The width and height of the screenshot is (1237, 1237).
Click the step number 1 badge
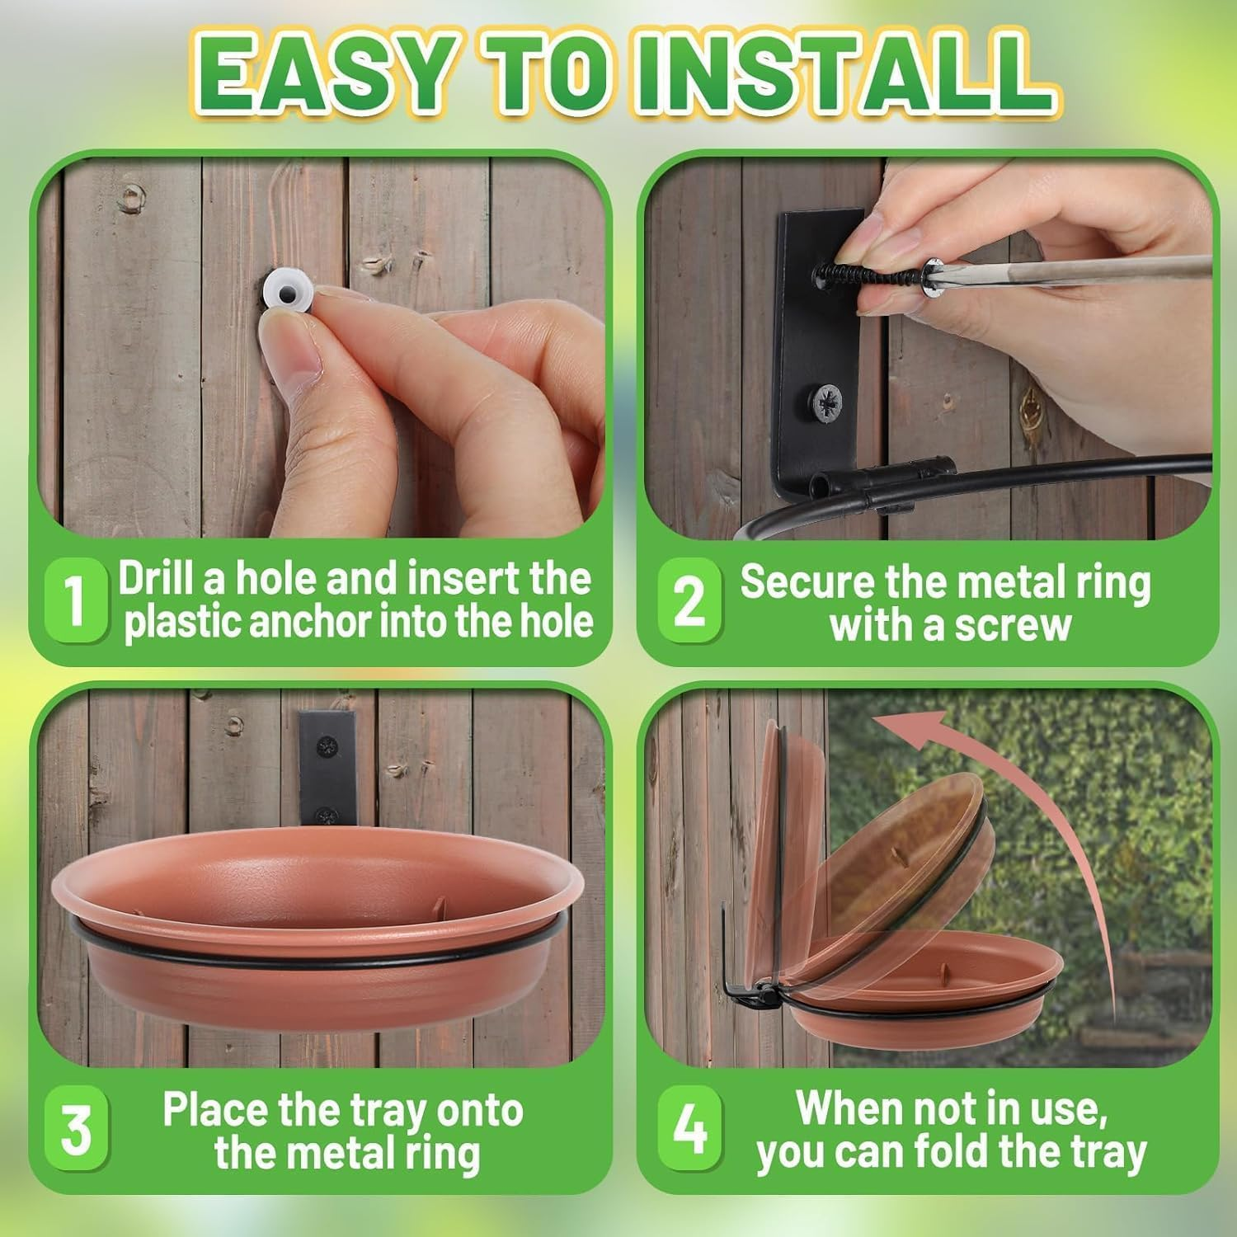[x=75, y=600]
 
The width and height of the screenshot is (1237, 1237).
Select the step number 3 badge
[x=76, y=1130]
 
